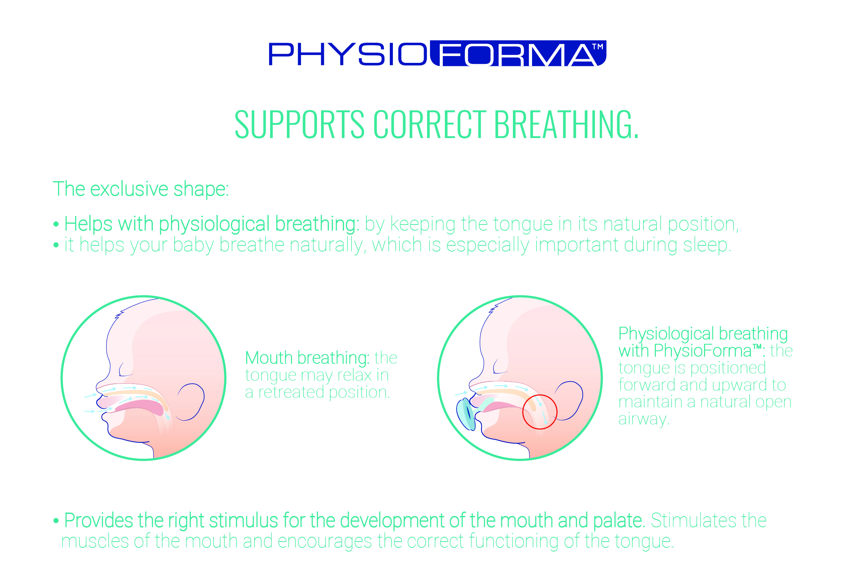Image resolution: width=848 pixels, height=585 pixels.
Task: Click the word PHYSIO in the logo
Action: pyautogui.click(x=348, y=54)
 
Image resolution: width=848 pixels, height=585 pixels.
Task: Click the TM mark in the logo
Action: pyautogui.click(x=597, y=46)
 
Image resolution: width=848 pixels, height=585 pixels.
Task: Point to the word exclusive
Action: pyautogui.click(x=129, y=189)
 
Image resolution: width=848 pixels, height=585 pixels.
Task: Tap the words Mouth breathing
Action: pyautogui.click(x=307, y=358)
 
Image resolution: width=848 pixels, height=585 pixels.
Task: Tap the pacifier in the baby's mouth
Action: pyautogui.click(x=466, y=414)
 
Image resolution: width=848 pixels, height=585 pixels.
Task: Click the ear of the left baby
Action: pyautogui.click(x=191, y=402)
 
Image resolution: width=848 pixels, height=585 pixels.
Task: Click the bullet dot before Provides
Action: pyautogui.click(x=56, y=521)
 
